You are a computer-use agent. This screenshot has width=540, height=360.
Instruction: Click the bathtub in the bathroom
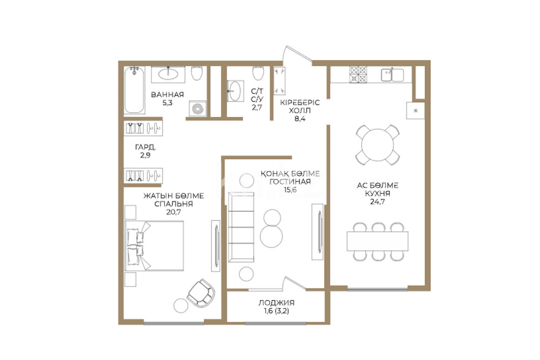tap(134, 90)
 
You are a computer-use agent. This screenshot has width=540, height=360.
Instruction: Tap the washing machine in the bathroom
tap(198, 109)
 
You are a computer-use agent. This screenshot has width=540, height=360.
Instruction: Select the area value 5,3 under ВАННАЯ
tap(167, 103)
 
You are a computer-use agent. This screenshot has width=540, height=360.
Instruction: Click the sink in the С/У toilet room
tap(236, 91)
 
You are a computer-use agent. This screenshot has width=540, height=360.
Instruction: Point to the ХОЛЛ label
tap(300, 111)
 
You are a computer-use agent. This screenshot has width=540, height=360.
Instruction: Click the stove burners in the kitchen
tap(359, 75)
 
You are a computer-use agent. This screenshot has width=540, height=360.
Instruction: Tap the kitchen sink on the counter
tap(392, 75)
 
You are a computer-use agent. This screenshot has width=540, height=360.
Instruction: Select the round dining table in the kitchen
tap(378, 145)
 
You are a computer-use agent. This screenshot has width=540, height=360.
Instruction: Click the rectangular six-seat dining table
tap(377, 241)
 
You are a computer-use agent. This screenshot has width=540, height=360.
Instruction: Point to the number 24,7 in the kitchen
tap(377, 202)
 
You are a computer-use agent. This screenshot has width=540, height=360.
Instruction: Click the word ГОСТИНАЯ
tap(290, 181)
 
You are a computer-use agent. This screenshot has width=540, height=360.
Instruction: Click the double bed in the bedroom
tap(154, 246)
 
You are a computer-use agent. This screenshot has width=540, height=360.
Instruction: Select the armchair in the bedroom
tap(201, 293)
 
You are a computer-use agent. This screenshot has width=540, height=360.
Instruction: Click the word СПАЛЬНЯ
tap(174, 204)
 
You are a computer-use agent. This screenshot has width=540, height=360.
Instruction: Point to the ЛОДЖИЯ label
tap(276, 303)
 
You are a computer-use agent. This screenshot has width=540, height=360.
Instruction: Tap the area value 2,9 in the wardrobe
tap(145, 155)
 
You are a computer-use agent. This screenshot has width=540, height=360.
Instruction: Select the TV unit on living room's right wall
tap(317, 232)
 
